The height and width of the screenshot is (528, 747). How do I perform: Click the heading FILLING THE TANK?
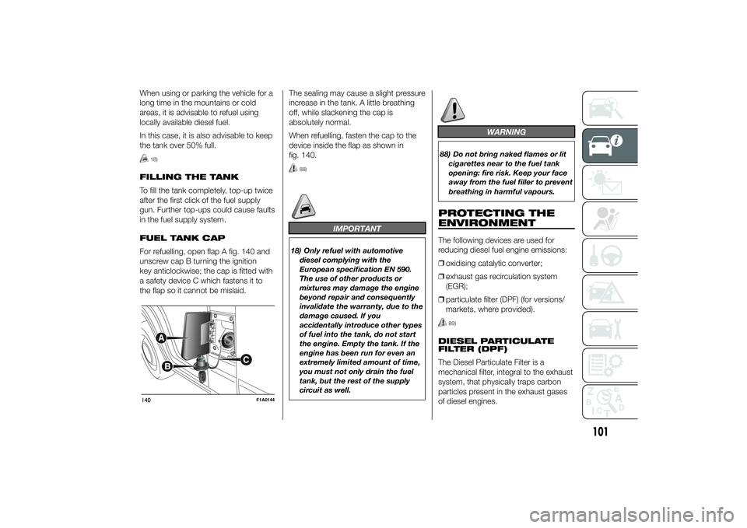pyautogui.click(x=189, y=177)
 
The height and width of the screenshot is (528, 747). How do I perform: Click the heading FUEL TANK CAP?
pyautogui.click(x=182, y=238)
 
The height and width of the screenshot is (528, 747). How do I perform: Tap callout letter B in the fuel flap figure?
pyautogui.click(x=167, y=366)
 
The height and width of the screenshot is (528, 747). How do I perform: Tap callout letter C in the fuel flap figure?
pyautogui.click(x=246, y=359)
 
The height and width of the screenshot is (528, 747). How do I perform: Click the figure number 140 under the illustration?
pyautogui.click(x=146, y=400)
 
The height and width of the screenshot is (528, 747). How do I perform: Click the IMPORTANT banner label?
pyautogui.click(x=357, y=229)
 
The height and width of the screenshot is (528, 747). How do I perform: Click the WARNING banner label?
pyautogui.click(x=507, y=132)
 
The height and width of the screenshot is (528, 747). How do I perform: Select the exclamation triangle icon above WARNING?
pyautogui.click(x=453, y=110)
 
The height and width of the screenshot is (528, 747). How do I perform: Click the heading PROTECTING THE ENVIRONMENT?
pyautogui.click(x=496, y=218)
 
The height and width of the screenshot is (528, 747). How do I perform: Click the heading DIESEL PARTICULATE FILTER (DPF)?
pyautogui.click(x=496, y=344)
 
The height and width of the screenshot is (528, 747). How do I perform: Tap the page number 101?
pyautogui.click(x=601, y=432)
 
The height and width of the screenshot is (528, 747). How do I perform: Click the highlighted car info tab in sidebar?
pyautogui.click(x=610, y=145)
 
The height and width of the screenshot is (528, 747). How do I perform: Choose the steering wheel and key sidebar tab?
pyautogui.click(x=610, y=255)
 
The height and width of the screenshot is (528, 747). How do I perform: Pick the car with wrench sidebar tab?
pyautogui.click(x=610, y=328)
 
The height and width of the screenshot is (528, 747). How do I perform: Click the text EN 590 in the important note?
pyautogui.click(x=398, y=270)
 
